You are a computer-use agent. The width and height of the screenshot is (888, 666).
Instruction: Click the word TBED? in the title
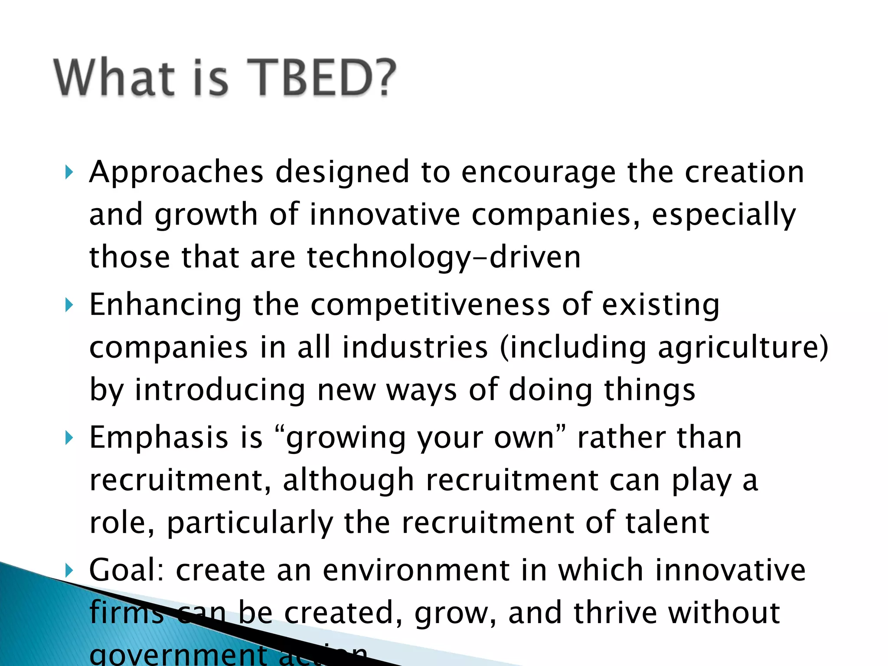(321, 78)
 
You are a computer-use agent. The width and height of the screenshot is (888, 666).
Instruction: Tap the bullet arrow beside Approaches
(69, 172)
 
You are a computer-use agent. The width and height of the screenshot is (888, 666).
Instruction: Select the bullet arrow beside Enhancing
(69, 305)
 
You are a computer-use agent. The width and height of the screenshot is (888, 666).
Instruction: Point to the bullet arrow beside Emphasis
(69, 438)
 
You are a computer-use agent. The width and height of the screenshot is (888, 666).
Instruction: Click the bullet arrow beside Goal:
(69, 571)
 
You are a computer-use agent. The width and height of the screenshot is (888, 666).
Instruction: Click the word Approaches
(176, 173)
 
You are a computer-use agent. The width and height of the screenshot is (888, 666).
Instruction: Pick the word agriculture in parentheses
(737, 348)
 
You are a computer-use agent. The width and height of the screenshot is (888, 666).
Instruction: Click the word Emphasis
(159, 438)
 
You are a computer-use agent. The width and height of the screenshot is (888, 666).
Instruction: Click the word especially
(724, 215)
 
